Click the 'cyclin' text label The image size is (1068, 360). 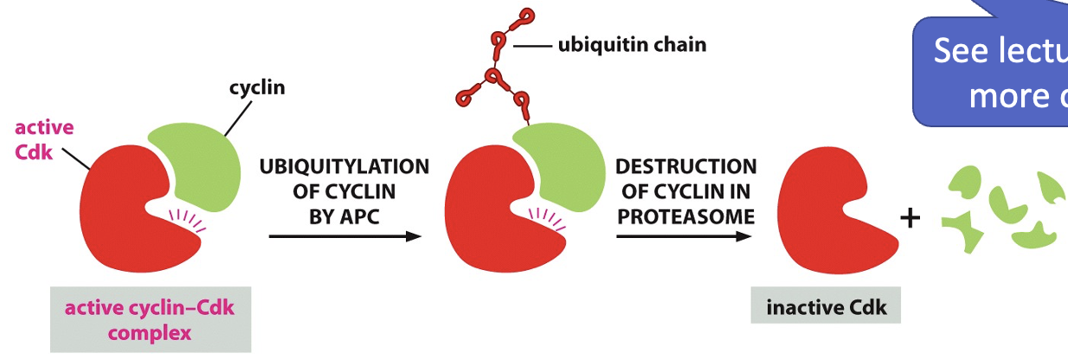[x=257, y=88]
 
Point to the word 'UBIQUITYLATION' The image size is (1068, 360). [x=344, y=165]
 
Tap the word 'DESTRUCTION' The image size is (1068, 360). [x=685, y=165]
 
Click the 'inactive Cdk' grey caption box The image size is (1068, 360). [x=826, y=305]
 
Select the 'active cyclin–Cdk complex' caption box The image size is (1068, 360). [x=151, y=319]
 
